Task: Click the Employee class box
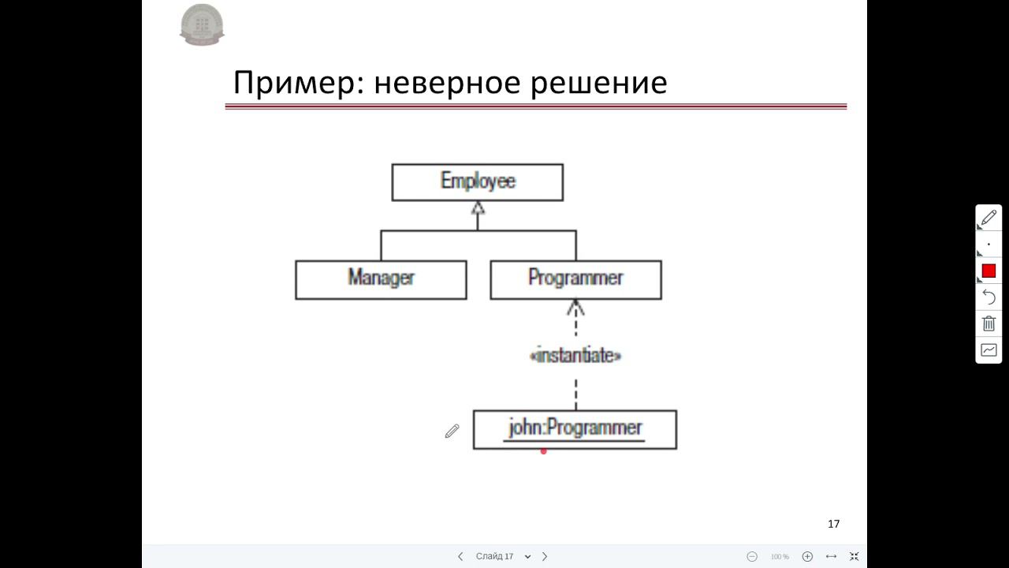[x=477, y=182]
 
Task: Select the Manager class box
[x=381, y=279]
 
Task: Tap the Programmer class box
[x=575, y=279]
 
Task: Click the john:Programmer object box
[x=575, y=429]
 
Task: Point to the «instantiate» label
[x=575, y=356]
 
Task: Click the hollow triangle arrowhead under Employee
[x=477, y=208]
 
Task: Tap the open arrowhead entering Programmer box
[x=575, y=307]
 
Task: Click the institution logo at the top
[x=202, y=24]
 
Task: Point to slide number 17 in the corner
[x=834, y=524]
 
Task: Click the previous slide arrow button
[x=460, y=556]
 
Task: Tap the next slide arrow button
[x=545, y=556]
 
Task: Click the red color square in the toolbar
[x=989, y=271]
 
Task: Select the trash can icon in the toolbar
[x=989, y=323]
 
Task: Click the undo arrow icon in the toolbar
[x=989, y=297]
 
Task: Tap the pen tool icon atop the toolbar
[x=989, y=217]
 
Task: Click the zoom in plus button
[x=807, y=556]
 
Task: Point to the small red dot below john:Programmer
[x=543, y=451]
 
